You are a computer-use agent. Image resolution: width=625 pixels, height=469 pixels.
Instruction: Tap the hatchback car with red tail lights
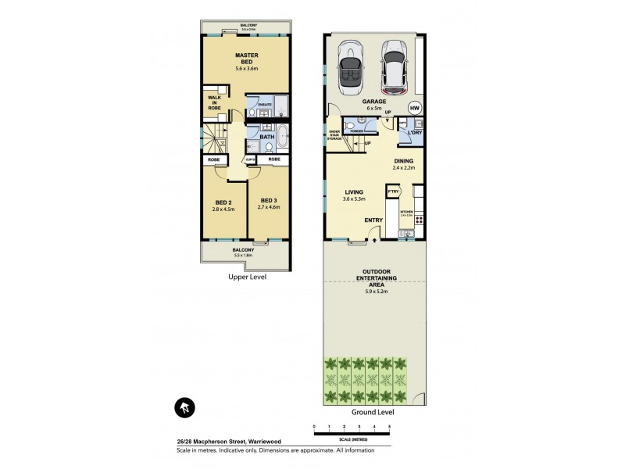click(393, 66)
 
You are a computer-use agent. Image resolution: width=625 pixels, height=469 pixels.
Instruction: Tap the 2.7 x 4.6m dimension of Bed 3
click(269, 208)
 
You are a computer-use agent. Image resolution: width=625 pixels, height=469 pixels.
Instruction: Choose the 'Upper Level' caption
click(247, 277)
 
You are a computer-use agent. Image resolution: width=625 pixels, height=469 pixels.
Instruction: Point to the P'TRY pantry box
click(394, 192)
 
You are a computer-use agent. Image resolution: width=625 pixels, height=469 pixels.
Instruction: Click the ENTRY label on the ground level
click(373, 220)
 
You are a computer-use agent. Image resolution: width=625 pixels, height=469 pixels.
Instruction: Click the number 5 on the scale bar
click(389, 427)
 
